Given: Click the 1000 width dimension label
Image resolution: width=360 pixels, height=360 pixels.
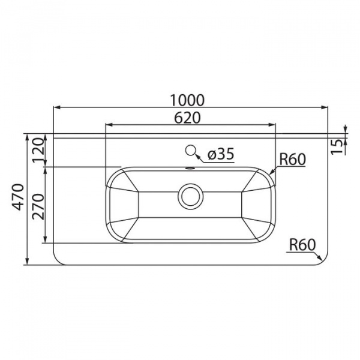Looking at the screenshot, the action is [187, 100].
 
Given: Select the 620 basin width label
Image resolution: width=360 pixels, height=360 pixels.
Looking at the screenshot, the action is [187, 118].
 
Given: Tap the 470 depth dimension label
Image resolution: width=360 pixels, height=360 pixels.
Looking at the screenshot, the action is [18, 197].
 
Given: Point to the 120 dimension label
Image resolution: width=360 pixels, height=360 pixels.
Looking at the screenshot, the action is [38, 150].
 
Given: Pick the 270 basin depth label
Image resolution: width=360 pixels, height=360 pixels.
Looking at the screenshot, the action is [38, 206].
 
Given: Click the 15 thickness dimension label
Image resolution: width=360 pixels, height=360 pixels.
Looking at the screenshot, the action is [337, 147].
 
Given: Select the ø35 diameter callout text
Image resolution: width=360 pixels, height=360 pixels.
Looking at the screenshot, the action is [221, 154].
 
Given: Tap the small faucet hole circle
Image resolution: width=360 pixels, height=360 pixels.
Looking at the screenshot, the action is [190, 151].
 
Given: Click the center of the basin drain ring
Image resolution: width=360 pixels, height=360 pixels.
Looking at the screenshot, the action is [191, 196].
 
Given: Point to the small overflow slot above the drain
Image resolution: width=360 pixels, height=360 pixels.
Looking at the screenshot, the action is [190, 168].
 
